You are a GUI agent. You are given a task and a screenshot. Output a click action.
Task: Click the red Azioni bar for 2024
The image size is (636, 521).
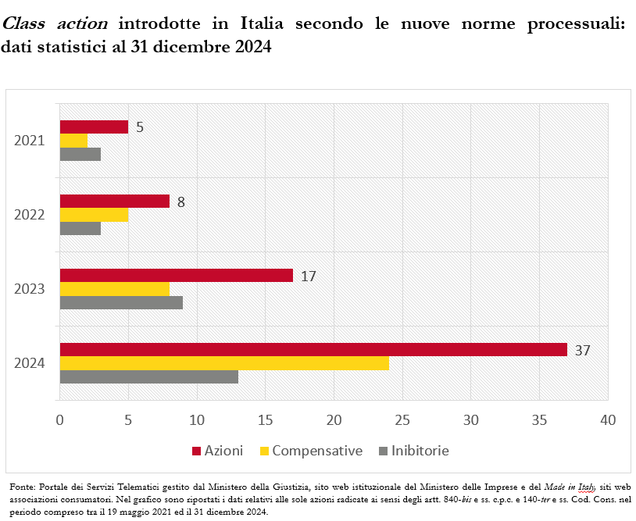click(313, 350)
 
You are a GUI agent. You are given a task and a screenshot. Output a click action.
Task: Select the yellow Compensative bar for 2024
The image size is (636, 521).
click(223, 363)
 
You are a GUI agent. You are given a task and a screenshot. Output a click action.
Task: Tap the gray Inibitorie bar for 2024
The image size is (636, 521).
click(148, 376)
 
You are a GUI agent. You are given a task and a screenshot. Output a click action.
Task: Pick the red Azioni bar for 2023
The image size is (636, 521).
click(176, 276)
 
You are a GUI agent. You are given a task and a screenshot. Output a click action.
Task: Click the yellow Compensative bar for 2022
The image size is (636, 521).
click(94, 215)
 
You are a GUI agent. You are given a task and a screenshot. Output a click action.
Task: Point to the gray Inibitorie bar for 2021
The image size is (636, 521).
click(80, 154)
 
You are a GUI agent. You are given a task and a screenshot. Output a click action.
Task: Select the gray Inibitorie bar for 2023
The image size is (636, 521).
click(121, 302)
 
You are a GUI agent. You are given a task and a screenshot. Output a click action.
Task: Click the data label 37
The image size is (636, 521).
click(582, 350)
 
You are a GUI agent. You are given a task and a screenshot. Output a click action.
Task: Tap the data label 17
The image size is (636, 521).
click(308, 276)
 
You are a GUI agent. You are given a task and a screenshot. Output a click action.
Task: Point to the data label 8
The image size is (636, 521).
click(180, 202)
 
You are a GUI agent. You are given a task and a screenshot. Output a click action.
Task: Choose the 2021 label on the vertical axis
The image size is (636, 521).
click(29, 141)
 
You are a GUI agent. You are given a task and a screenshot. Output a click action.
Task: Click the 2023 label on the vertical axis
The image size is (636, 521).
click(29, 289)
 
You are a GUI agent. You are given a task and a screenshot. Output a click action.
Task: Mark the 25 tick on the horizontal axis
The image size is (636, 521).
click(402, 419)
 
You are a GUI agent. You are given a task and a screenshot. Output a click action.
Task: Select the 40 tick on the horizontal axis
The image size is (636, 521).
click(606, 419)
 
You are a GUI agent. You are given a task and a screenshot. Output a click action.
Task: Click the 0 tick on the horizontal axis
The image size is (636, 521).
click(60, 419)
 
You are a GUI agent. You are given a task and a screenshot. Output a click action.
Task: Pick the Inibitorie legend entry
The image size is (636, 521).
click(420, 451)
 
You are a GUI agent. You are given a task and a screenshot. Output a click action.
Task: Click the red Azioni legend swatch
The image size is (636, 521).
click(196, 451)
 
